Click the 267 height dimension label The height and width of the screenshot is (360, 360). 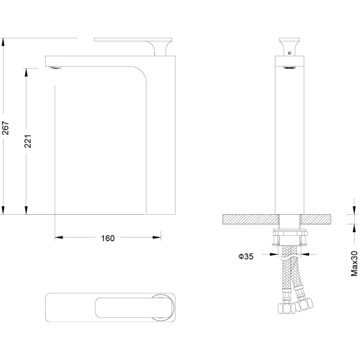5,128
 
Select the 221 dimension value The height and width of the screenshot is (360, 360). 28,141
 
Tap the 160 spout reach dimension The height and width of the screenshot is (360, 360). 107,238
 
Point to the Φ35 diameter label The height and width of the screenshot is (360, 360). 246,256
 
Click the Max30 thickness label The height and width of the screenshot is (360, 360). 354,263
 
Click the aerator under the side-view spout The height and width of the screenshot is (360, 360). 55,67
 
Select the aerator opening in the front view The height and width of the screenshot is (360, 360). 289,67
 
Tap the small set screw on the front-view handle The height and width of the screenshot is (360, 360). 290,53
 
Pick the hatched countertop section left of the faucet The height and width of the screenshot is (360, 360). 250,219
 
